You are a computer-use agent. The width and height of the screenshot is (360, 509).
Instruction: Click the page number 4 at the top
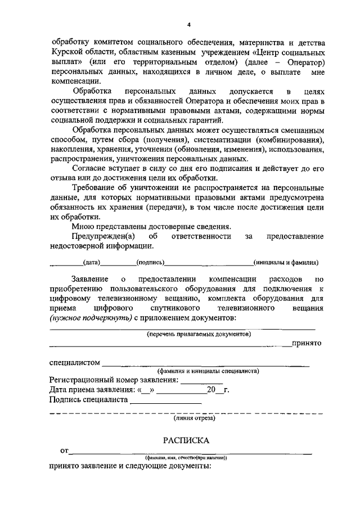[x=189, y=24]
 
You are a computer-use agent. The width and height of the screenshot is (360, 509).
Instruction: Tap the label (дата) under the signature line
[x=91, y=262]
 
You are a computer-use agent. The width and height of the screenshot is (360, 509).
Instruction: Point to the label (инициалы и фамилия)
[x=286, y=262]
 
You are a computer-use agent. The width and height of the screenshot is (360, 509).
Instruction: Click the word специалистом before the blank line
[x=75, y=363]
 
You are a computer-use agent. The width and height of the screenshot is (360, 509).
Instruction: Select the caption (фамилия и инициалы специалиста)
[x=208, y=371]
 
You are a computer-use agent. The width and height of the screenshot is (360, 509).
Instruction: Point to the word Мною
[x=83, y=227]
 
